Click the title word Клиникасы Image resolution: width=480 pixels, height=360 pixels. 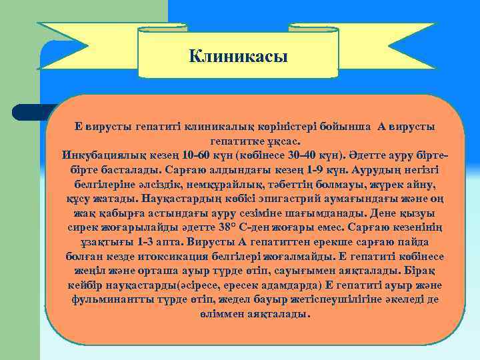pyautogui.click(x=238, y=56)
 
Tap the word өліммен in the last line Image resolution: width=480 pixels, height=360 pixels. pyautogui.click(x=223, y=313)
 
